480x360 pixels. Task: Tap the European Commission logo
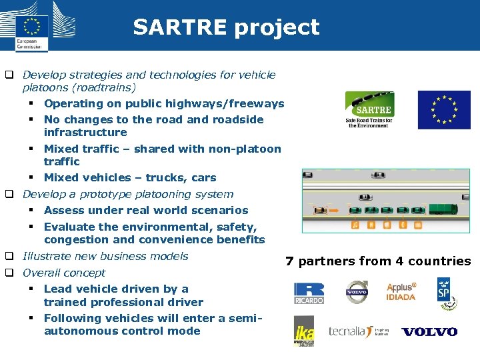click(x=31, y=27)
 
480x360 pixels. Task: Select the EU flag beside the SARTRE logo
click(x=444, y=110)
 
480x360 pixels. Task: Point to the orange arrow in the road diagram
click(x=334, y=211)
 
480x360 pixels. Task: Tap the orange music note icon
click(x=355, y=225)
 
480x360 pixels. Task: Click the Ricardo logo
click(x=309, y=293)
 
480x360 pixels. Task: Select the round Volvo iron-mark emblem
click(x=357, y=292)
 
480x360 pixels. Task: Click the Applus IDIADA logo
click(x=401, y=292)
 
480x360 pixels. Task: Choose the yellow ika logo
click(x=304, y=331)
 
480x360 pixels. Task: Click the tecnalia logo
click(x=350, y=331)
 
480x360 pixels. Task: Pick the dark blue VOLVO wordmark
click(x=429, y=331)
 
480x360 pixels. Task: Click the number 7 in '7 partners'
click(x=289, y=261)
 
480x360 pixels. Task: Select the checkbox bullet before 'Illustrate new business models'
click(x=11, y=257)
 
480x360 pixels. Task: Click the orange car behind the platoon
click(x=321, y=211)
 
